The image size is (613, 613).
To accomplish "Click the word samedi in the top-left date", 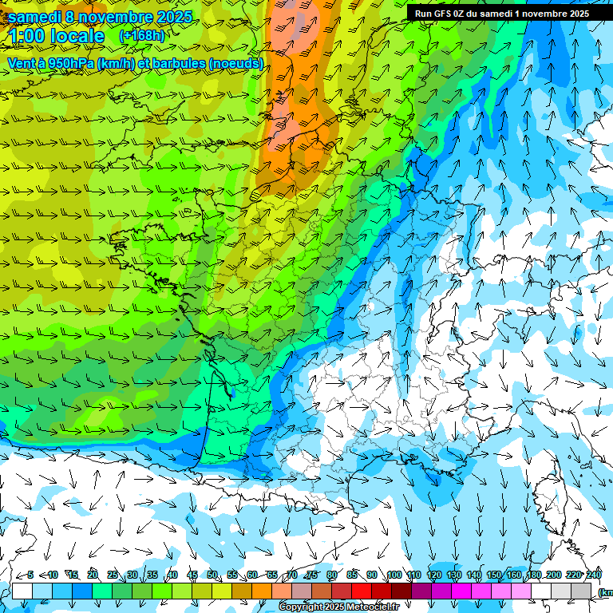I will point(35,17).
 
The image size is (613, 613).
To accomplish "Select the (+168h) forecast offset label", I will point(143,36).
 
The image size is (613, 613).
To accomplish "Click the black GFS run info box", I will point(500,13).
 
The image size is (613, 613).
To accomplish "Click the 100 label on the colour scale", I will point(394,575).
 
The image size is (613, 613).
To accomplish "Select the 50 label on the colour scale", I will point(212,575).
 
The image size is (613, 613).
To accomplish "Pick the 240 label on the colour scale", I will point(594,575).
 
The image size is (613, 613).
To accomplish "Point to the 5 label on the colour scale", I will point(30,575).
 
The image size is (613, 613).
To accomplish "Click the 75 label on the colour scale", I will point(312,575).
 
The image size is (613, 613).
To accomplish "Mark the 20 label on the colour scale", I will point(93,575).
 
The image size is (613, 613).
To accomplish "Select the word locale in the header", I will point(76,36).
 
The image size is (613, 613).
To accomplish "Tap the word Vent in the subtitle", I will point(23,63).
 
